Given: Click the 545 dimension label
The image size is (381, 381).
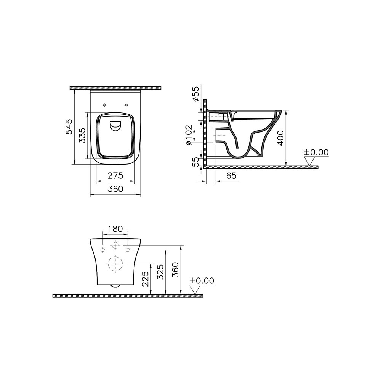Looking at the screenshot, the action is tap(69, 126).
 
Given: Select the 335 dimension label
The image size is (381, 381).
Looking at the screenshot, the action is tap(83, 136).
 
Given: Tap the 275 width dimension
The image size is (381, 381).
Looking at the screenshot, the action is tap(115, 175).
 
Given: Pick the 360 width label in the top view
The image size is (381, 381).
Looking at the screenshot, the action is tap(115, 189).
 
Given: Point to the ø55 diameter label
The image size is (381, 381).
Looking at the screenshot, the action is tap(195, 94).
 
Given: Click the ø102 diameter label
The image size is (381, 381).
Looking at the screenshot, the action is tap(189, 135).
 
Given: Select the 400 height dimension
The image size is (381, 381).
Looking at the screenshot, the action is tap(280, 138).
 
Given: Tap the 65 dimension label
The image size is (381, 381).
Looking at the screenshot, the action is tap(231, 175).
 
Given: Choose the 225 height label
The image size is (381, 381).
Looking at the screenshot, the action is tap(145, 279).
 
